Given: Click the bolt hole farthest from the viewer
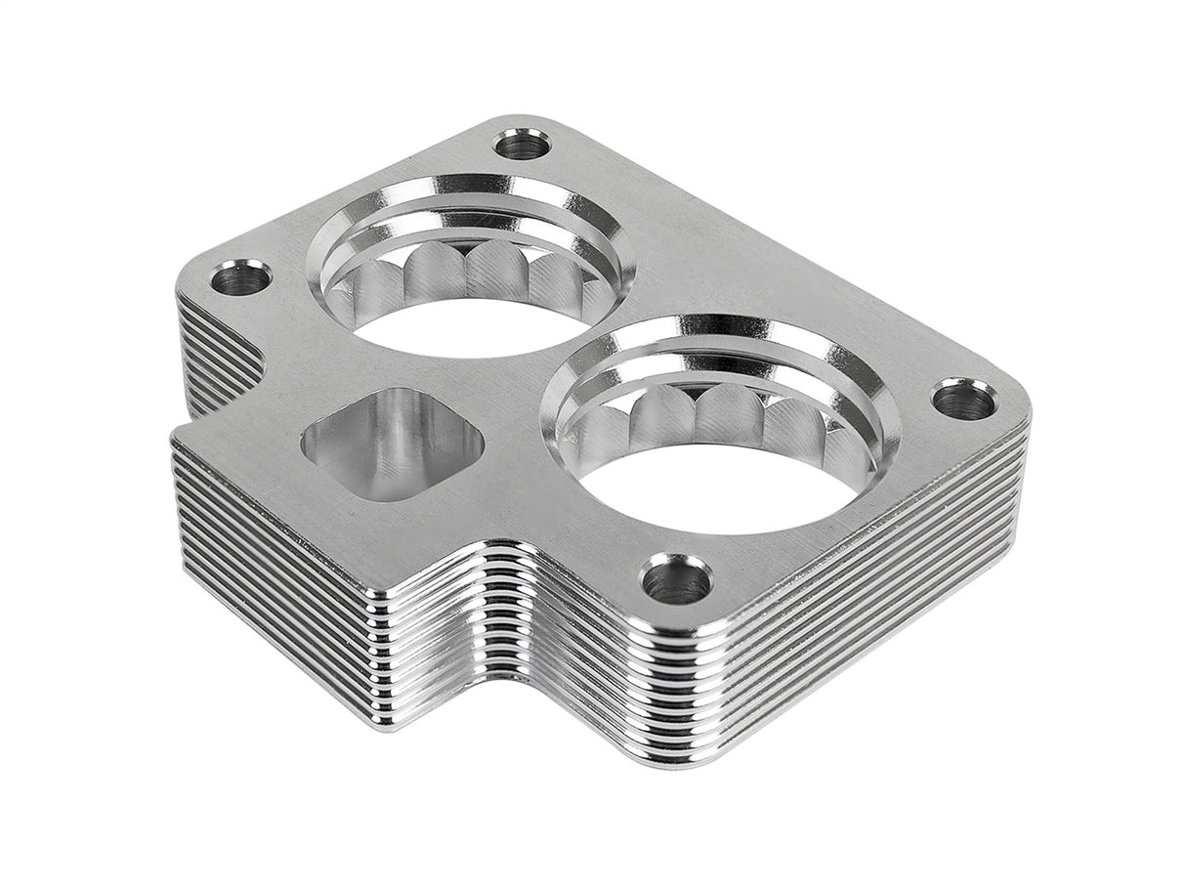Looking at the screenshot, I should tap(523, 147).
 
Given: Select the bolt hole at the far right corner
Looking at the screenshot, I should tap(964, 399).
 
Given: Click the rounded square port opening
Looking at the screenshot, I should tap(393, 443).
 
